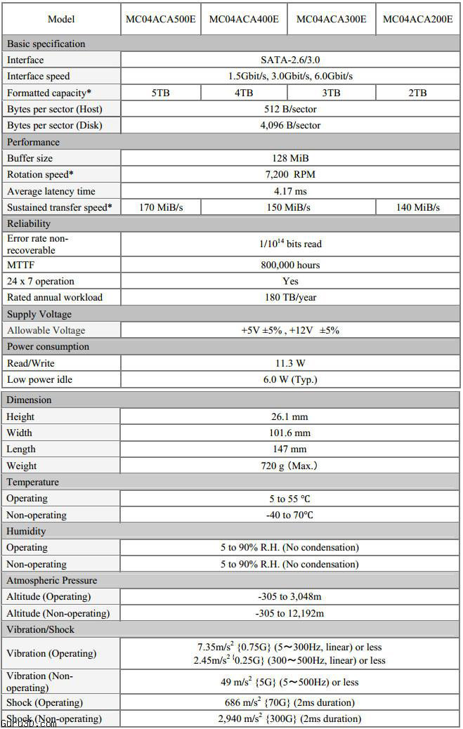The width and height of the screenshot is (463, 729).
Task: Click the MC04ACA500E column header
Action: [x=160, y=19]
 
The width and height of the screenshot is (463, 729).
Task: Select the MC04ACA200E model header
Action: [x=417, y=19]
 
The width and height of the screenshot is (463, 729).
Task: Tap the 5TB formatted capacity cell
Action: [x=160, y=93]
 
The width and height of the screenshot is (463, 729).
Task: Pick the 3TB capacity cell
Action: [x=331, y=93]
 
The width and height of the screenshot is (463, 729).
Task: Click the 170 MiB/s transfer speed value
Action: [x=160, y=207]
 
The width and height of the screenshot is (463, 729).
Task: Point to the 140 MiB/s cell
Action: [x=417, y=207]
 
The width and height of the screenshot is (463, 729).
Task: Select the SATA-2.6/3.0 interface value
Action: [x=289, y=60]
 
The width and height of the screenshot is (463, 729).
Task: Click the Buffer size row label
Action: [x=30, y=159]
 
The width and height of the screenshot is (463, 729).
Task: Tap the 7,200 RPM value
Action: [x=289, y=175]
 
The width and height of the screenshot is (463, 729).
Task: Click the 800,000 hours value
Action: [x=289, y=265]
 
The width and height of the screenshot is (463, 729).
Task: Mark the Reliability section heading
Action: [x=29, y=223]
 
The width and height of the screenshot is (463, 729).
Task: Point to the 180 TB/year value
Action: [x=289, y=297]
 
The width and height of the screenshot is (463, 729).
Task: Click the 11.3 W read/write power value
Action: [x=289, y=363]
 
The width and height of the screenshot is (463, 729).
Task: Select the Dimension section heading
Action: [x=29, y=400]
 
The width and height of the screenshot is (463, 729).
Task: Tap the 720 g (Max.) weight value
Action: [x=289, y=466]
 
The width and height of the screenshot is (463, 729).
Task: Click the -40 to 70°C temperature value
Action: [x=289, y=515]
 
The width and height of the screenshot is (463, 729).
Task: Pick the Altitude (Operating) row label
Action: [x=48, y=597]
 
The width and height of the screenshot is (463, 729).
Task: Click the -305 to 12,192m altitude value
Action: [x=289, y=613]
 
